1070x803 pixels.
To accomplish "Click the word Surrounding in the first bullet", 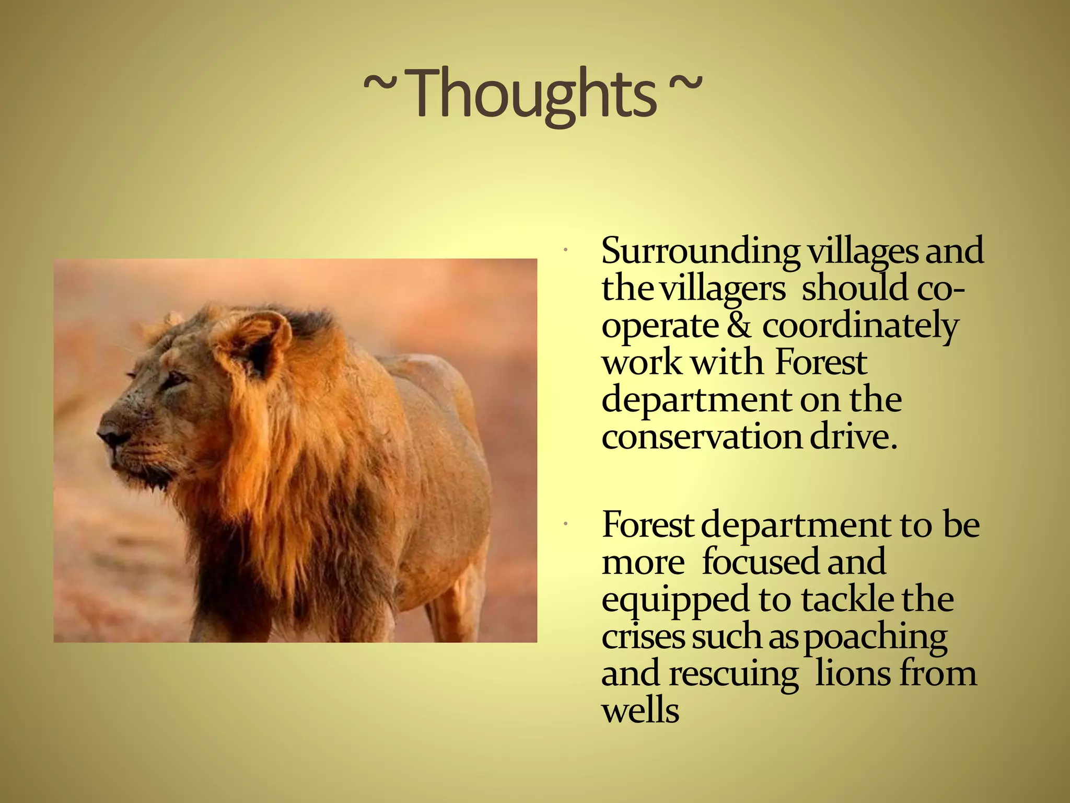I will [700, 251].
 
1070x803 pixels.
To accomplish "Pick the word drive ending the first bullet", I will [853, 437].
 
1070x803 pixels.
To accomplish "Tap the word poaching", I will [875, 638].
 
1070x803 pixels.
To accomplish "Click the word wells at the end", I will [640, 711].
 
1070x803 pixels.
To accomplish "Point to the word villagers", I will [723, 289].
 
